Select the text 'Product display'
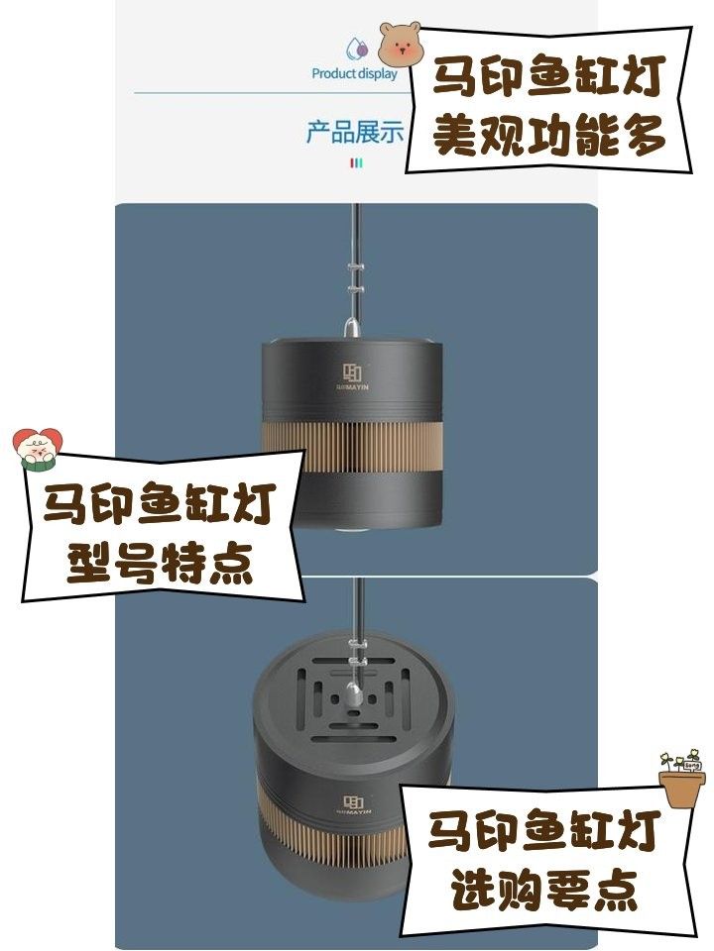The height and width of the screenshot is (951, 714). pos(354,73)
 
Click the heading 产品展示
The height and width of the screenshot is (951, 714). pos(354,133)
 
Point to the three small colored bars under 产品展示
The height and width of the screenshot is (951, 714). pos(356,162)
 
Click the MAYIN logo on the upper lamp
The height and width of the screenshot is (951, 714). pos(355,377)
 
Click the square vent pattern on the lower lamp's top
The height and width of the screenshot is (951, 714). pos(354,698)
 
